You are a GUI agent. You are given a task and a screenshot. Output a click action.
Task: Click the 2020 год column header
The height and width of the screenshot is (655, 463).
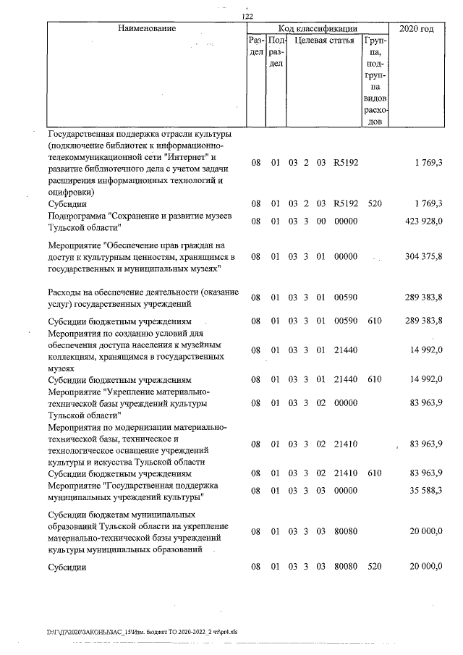416,29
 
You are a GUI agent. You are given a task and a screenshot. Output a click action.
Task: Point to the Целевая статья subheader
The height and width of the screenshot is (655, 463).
323,41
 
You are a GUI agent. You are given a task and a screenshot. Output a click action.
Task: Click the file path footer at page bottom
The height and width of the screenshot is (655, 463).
142,631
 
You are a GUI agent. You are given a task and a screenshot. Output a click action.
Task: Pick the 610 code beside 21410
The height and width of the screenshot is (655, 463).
374,474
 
